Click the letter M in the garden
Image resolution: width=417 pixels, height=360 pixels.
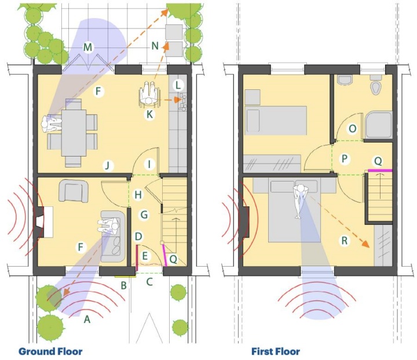coord(87,48)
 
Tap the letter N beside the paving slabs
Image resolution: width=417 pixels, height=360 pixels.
coord(155,46)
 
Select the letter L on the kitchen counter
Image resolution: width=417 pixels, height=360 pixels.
coord(178,85)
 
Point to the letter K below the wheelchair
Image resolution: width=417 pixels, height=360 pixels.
coord(149,115)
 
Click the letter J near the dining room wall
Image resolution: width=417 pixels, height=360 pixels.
coord(108,166)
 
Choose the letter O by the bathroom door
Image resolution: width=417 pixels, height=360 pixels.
coord(352,129)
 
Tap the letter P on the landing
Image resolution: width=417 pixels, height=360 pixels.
coord(345,159)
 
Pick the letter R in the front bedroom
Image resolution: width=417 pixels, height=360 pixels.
coord(345,241)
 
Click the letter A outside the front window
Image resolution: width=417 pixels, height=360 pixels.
coord(87,319)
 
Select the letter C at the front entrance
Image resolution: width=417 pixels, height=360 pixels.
coord(149,282)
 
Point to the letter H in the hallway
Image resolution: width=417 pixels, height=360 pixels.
coord(138,195)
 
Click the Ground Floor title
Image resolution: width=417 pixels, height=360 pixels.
coord(50,351)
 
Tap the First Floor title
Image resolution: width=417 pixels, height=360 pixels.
coord(276,351)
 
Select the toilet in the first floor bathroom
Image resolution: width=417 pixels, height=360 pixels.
coord(376,85)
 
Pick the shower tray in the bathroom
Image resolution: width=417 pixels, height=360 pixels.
coord(379,125)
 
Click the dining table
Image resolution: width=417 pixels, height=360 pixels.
coord(74,133)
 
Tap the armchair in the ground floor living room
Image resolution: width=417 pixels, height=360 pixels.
coord(74,191)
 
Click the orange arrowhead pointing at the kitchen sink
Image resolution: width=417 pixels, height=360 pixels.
coord(178,100)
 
